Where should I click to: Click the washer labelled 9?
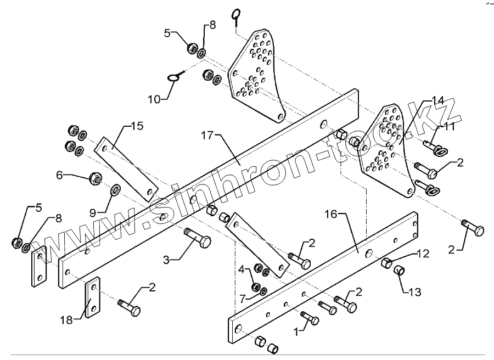tap(116, 190)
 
